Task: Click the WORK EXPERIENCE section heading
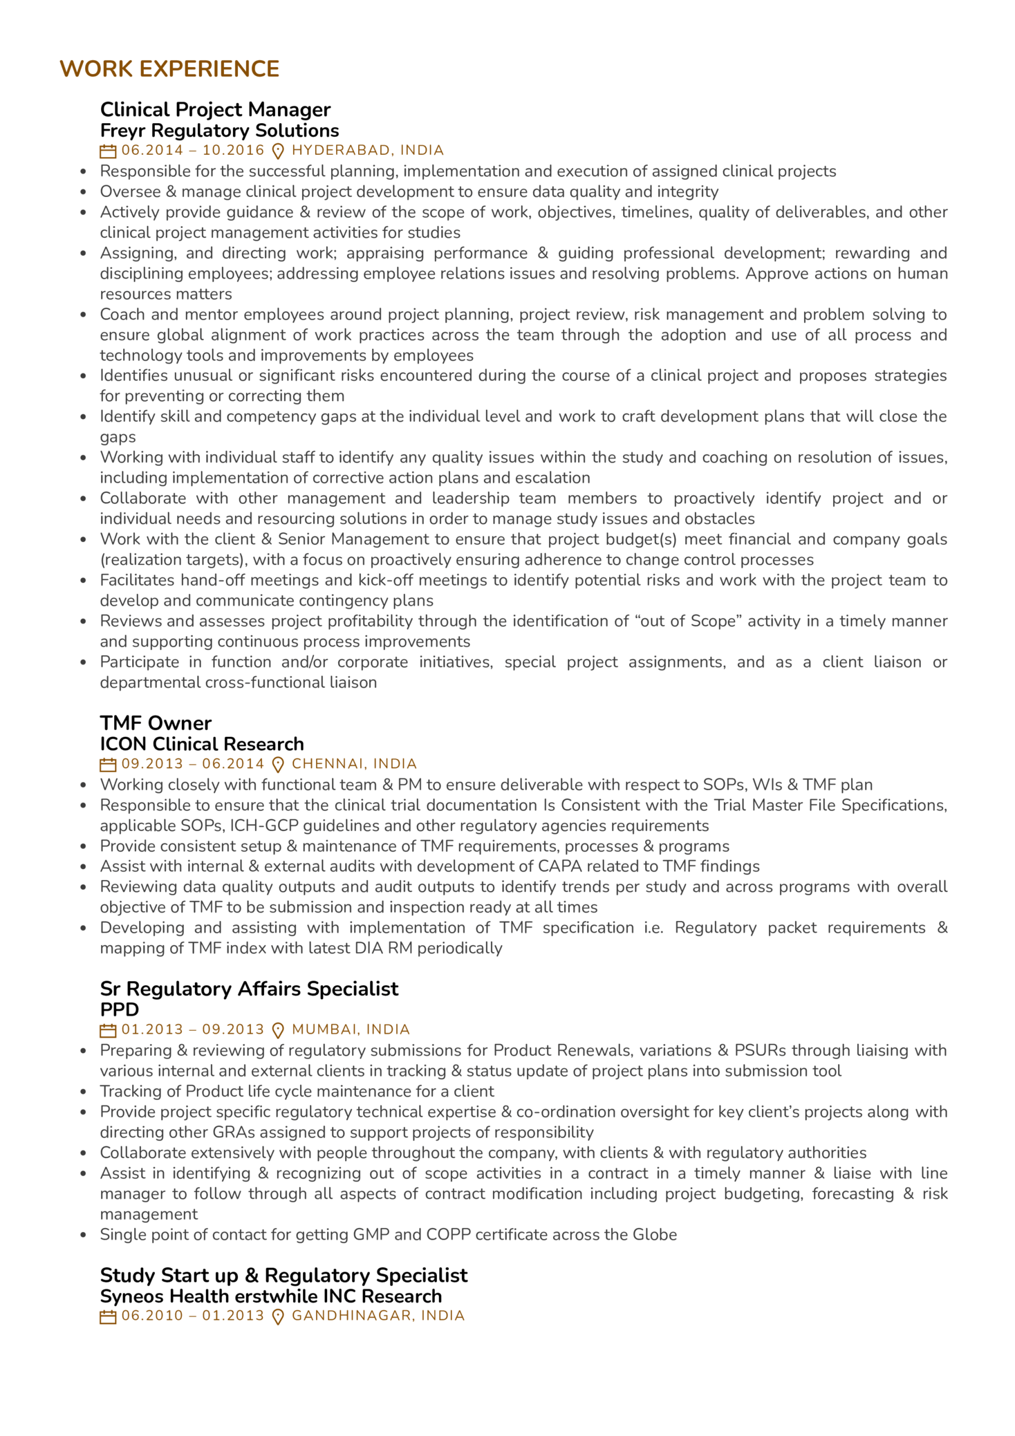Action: tap(169, 69)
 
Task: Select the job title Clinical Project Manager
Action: tap(215, 109)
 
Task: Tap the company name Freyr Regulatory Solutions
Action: tap(219, 131)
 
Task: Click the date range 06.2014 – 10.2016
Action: tap(193, 151)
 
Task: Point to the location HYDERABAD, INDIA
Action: tap(367, 151)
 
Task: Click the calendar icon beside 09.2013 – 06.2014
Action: tap(108, 765)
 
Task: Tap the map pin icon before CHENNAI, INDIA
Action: tap(278, 765)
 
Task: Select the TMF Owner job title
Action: tap(156, 723)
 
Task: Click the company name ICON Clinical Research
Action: tap(202, 744)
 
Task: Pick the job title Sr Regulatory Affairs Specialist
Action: tap(249, 989)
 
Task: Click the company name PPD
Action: tap(120, 1009)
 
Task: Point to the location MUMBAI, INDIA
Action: tap(351, 1030)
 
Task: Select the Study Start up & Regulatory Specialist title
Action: tap(283, 1275)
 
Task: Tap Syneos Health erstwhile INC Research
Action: tap(270, 1296)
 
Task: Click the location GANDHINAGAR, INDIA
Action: tap(378, 1316)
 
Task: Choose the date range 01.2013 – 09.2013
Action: tap(193, 1030)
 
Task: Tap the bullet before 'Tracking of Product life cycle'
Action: tap(84, 1092)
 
